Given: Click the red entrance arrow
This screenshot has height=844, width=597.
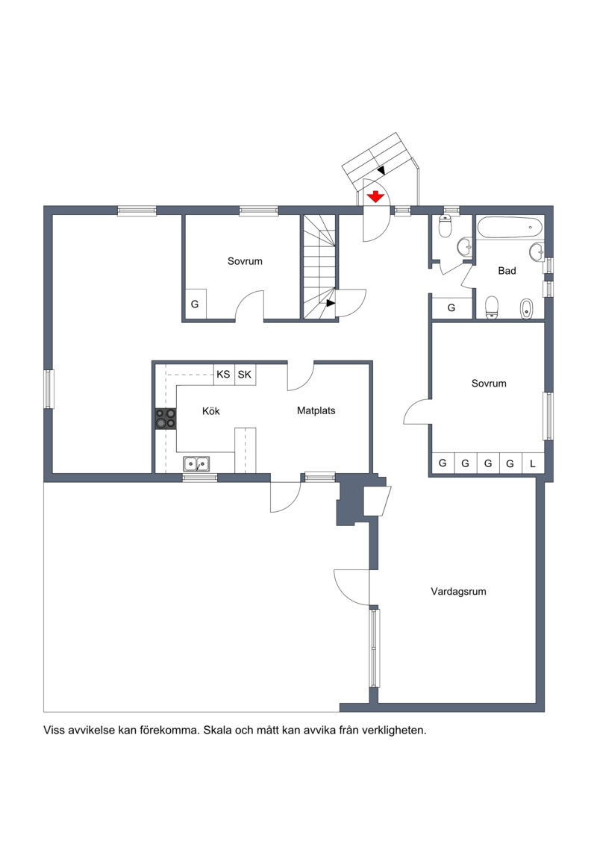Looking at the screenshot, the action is (376, 196).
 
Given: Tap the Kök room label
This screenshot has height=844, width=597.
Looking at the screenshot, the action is (211, 411).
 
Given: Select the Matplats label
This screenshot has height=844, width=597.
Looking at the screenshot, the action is (316, 410).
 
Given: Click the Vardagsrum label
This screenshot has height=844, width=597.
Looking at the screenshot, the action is (458, 592).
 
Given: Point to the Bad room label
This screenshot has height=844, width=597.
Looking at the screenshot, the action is (507, 271).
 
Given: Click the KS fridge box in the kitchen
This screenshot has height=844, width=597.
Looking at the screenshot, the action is (223, 375).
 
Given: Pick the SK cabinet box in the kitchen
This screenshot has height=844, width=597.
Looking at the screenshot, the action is (245, 375).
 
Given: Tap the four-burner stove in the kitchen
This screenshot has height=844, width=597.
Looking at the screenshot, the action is (166, 419).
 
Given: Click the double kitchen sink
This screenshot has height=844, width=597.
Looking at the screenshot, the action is (196, 463).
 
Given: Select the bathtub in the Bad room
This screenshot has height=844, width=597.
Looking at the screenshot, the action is (509, 228).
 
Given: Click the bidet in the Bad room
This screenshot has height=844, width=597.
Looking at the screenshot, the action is (527, 308).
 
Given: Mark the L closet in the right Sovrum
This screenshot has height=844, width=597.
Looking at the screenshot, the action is (533, 463).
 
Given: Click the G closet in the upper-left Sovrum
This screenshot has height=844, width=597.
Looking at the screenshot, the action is (195, 304).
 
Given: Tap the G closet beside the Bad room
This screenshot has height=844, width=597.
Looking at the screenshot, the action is (451, 307).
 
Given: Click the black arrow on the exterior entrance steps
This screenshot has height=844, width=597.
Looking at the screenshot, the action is (381, 170).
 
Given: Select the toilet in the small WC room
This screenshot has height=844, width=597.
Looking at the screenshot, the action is (446, 226).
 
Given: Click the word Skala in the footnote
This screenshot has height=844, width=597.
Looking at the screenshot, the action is (217, 731).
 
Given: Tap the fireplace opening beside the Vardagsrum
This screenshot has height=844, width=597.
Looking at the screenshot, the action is (377, 501).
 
